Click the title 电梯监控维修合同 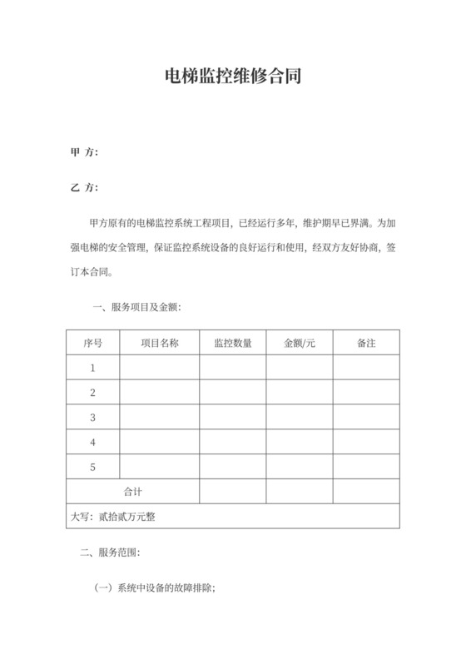click(x=232, y=77)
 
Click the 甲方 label click(x=85, y=152)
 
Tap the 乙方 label click(x=85, y=187)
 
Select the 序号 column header click(x=93, y=343)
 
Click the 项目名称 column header click(x=159, y=343)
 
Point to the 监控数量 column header click(x=233, y=343)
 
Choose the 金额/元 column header click(x=300, y=343)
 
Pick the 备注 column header click(x=366, y=343)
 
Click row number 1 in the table click(x=93, y=368)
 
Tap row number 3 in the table click(x=93, y=417)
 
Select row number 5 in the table click(x=93, y=466)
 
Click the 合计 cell click(x=133, y=491)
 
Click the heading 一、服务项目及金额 click(x=136, y=307)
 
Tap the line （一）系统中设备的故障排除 click(x=156, y=587)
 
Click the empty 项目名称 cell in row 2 click(x=159, y=392)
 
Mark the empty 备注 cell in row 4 click(x=366, y=442)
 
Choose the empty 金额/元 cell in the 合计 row click(x=300, y=491)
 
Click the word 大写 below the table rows click(x=81, y=517)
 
